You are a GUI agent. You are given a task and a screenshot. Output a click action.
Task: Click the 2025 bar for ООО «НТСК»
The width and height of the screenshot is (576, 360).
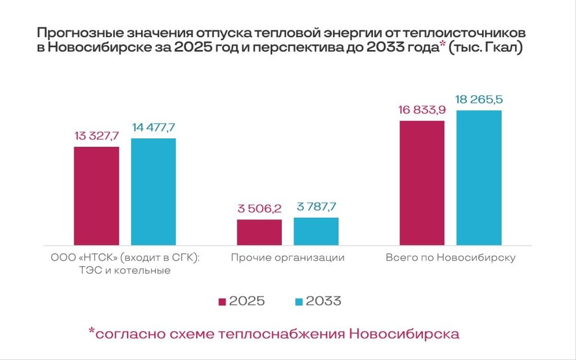96,196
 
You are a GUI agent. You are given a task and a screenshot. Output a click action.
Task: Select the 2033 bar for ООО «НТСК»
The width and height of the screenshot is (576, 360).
153,191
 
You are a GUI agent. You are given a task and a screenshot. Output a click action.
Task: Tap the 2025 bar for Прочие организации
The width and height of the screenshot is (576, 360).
259,232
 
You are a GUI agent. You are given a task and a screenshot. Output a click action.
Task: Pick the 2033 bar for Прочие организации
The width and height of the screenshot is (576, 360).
316,231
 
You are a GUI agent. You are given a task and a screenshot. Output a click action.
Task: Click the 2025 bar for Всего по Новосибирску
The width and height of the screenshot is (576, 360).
421,183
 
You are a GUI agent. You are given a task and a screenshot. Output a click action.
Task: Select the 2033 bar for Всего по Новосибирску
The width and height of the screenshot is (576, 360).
478,177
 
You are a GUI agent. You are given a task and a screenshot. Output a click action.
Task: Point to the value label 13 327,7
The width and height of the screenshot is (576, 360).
96,137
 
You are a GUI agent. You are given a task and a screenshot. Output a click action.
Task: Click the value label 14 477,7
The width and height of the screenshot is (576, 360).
154,128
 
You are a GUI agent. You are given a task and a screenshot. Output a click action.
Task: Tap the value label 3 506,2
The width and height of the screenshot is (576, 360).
259,209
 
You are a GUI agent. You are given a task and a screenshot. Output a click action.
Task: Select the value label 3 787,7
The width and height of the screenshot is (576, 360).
316,207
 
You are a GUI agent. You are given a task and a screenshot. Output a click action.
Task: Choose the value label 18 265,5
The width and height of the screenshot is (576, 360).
478,100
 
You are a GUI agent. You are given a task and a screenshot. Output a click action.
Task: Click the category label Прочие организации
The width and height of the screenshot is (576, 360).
287,258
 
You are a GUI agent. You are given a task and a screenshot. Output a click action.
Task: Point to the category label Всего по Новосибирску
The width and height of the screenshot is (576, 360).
451,258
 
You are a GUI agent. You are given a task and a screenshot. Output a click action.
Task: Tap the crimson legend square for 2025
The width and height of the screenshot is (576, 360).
222,302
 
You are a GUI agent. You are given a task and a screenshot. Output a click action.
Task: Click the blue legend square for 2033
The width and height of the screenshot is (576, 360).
299,302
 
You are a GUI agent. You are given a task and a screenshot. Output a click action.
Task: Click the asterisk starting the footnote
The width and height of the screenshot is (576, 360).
92,331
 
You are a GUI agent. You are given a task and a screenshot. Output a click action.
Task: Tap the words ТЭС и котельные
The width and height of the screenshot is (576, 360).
125,271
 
